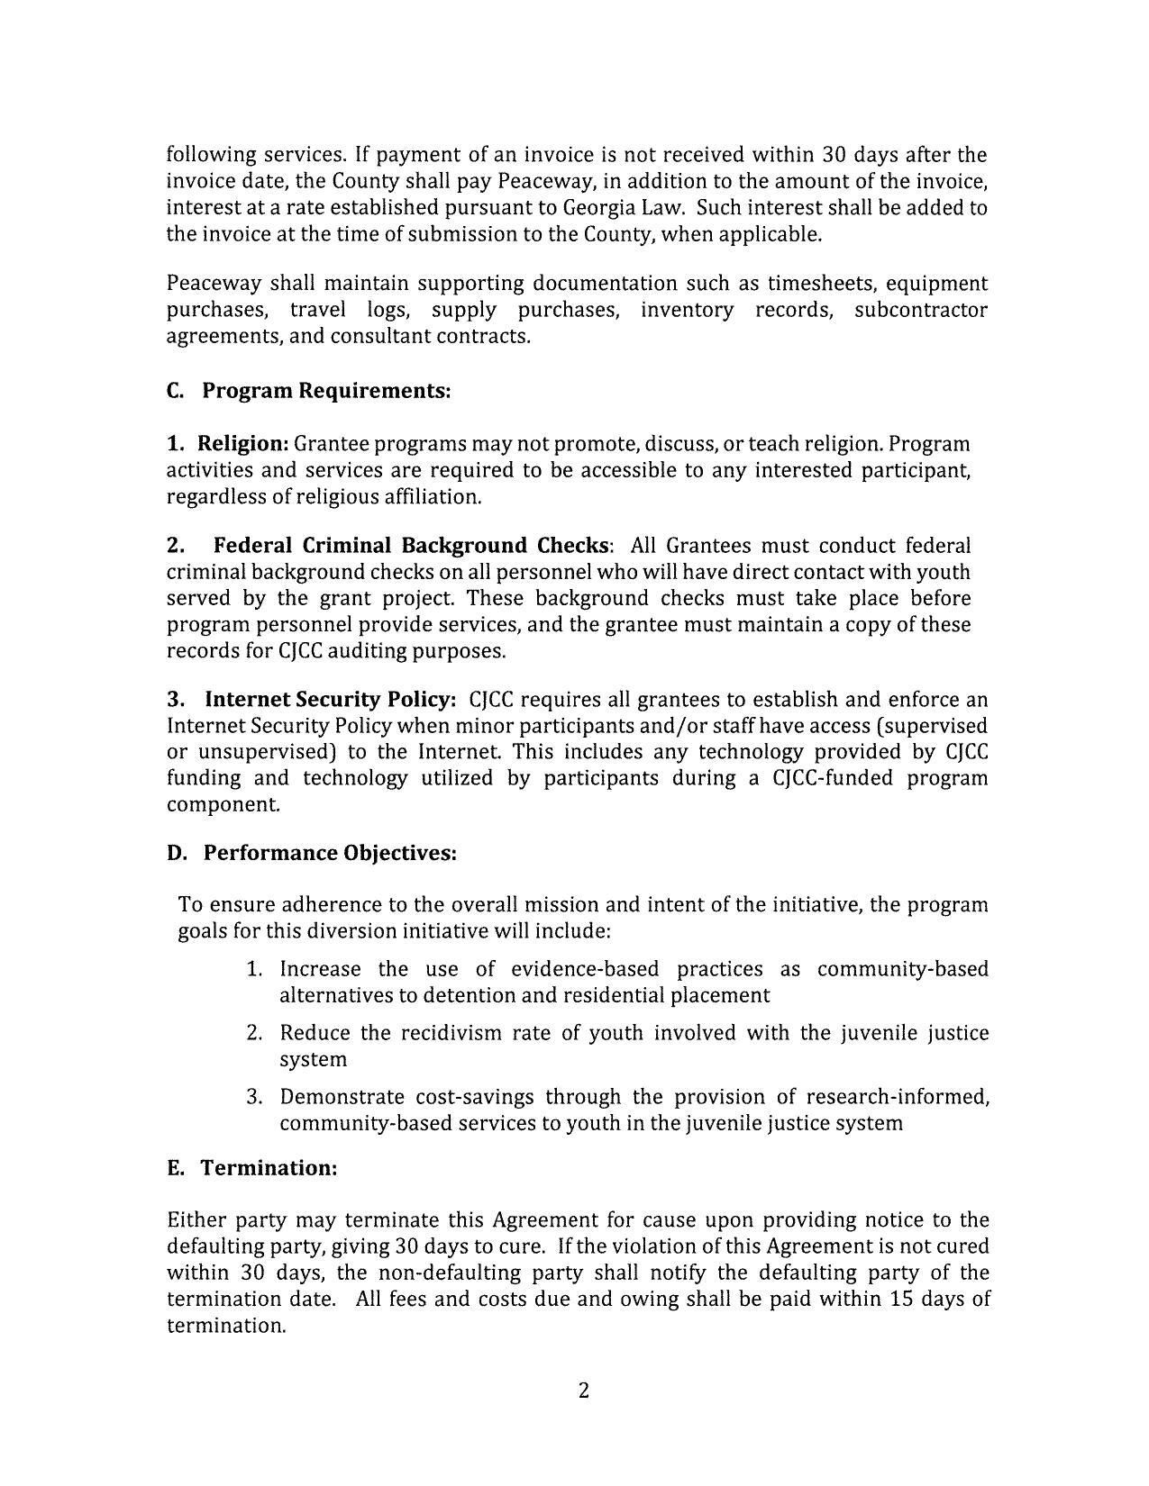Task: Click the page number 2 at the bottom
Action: [x=583, y=1391]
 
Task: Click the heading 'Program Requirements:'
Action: [x=325, y=391]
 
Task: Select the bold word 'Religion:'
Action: [x=242, y=444]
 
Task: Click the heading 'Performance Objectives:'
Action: [x=330, y=853]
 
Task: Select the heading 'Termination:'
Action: [x=269, y=1168]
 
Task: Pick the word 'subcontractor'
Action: [x=920, y=310]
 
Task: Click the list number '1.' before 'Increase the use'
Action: [x=255, y=969]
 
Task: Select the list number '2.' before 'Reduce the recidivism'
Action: [x=255, y=1033]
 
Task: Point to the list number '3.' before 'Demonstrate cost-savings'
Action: [x=255, y=1097]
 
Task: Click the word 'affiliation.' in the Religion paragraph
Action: [x=430, y=497]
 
